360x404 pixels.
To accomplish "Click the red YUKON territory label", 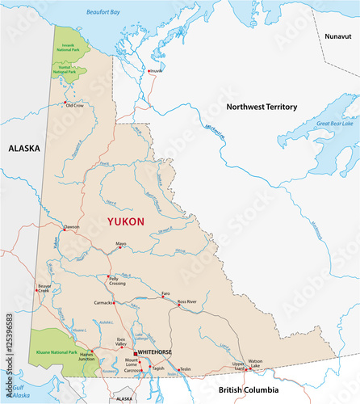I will (x=126, y=221).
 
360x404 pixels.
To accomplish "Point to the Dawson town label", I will (x=72, y=227).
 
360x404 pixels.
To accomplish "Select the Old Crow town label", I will (x=75, y=105).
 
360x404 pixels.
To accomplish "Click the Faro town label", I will (x=165, y=293).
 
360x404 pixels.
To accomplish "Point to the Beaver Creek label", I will (x=44, y=288).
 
